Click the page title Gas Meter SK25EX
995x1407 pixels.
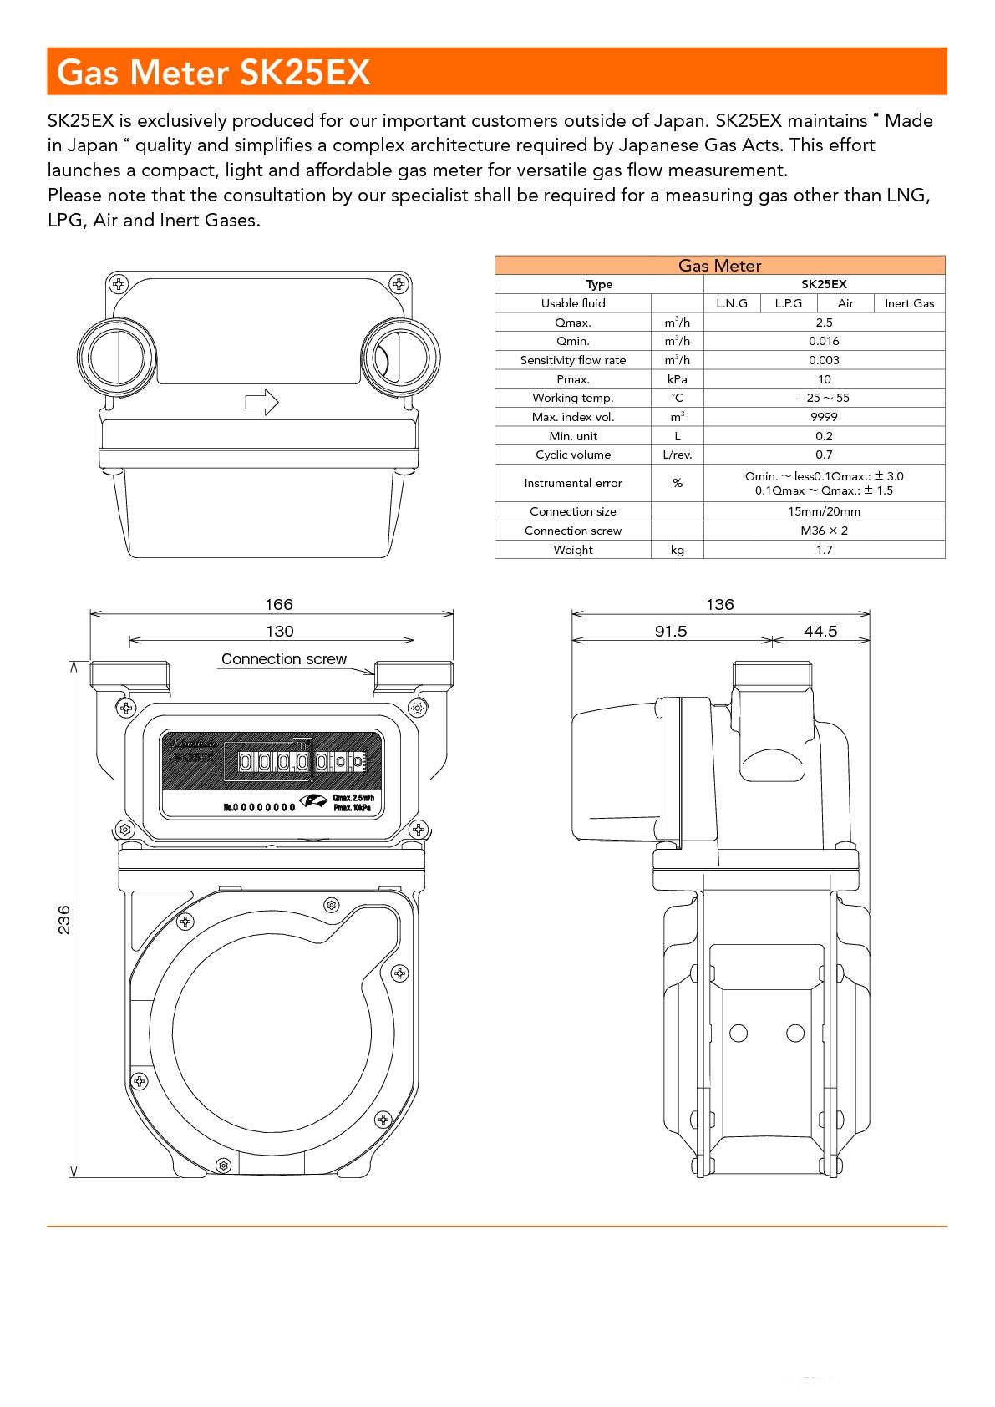pyautogui.click(x=213, y=73)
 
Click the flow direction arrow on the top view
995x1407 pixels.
pyautogui.click(x=261, y=402)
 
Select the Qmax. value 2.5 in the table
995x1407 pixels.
pyautogui.click(x=824, y=323)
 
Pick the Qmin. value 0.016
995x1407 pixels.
pyautogui.click(x=824, y=341)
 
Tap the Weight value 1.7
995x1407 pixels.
pyautogui.click(x=824, y=550)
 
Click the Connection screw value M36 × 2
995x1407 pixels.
pyautogui.click(x=824, y=531)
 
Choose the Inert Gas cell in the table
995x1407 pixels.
pyautogui.click(x=909, y=303)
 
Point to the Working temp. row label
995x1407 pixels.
pyautogui.click(x=572, y=398)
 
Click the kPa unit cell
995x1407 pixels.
pyautogui.click(x=677, y=379)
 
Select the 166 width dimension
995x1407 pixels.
pyautogui.click(x=279, y=604)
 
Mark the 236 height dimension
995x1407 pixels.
pyautogui.click(x=64, y=919)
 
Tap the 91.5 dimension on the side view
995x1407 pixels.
pyautogui.click(x=670, y=632)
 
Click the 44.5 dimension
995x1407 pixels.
pyautogui.click(x=820, y=632)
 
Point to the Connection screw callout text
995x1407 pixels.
pyautogui.click(x=284, y=659)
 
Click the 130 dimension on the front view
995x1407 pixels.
pyautogui.click(x=280, y=632)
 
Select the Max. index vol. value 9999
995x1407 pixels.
pyautogui.click(x=824, y=417)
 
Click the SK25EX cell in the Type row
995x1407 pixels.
pyautogui.click(x=824, y=284)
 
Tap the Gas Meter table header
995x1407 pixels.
pyautogui.click(x=719, y=266)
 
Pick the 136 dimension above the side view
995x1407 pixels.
pyautogui.click(x=720, y=604)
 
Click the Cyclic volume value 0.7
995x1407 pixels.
pyautogui.click(x=824, y=455)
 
